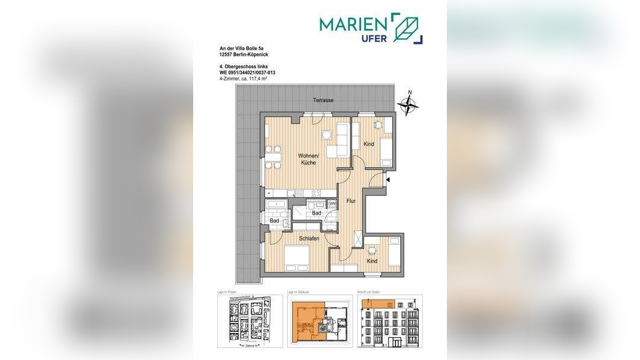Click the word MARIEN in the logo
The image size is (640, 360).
(x=353, y=24)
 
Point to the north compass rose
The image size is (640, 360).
(x=408, y=105)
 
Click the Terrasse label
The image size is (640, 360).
(x=323, y=100)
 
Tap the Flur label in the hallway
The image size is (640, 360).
(x=351, y=201)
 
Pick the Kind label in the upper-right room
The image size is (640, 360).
(x=369, y=144)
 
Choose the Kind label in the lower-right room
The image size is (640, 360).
(x=372, y=261)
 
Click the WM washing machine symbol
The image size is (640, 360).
(x=333, y=204)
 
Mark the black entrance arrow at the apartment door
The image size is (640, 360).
(x=388, y=179)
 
